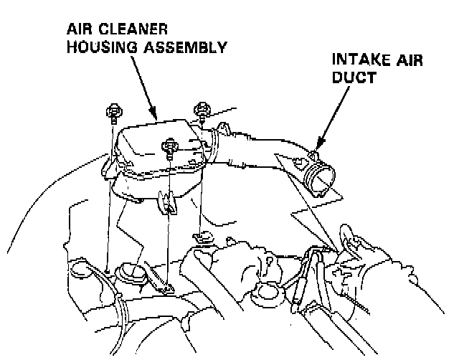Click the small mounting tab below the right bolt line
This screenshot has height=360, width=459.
click(202, 236)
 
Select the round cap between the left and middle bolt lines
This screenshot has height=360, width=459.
click(128, 273)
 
